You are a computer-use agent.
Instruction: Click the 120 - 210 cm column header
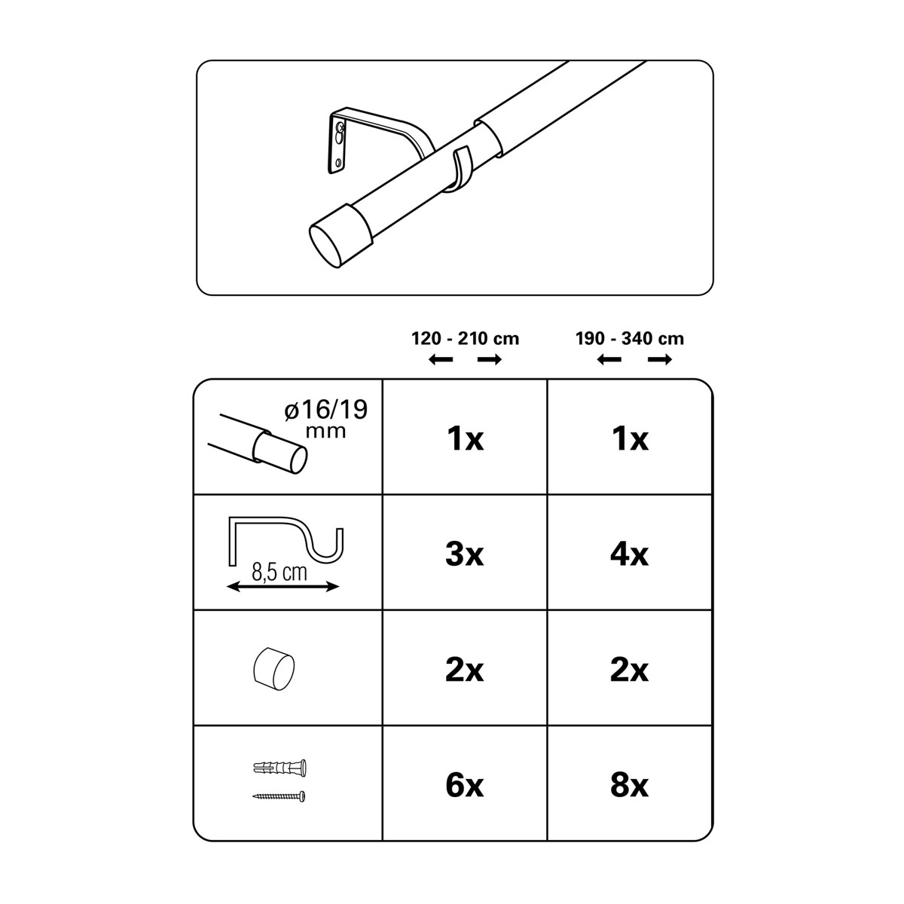pos(465,339)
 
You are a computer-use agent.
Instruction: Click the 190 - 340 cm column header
pos(630,339)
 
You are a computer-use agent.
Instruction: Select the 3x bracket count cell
pos(465,554)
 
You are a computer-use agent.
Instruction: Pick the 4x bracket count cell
pos(629,554)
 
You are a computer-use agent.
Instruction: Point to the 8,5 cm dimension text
pos(279,573)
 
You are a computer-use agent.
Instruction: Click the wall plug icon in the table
pos(279,768)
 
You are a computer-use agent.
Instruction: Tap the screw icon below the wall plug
pos(279,796)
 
